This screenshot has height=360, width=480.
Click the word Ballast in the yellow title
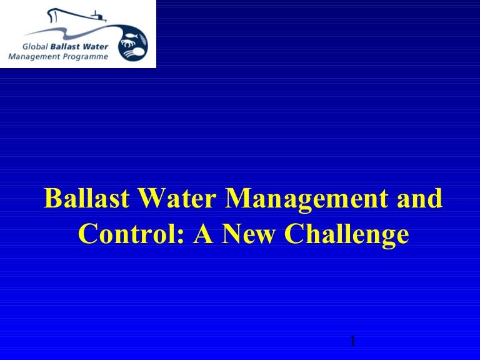pyautogui.click(x=87, y=198)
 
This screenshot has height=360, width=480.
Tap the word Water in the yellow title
pyautogui.click(x=177, y=198)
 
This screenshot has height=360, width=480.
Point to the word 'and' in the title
pyautogui.click(x=420, y=198)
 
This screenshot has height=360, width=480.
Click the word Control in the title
pyautogui.click(x=128, y=233)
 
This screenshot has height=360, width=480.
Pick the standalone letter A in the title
pyautogui.click(x=203, y=233)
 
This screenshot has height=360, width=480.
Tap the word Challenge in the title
pyautogui.click(x=346, y=235)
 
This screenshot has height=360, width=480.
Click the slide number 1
pyautogui.click(x=353, y=341)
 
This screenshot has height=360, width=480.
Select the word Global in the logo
pyautogui.click(x=35, y=47)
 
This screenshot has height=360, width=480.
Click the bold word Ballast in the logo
pyautogui.click(x=65, y=47)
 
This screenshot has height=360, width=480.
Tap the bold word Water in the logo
pyautogui.click(x=95, y=47)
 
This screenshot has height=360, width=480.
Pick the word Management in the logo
pyautogui.click(x=34, y=57)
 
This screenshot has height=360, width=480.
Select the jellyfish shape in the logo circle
pyautogui.click(x=135, y=52)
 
